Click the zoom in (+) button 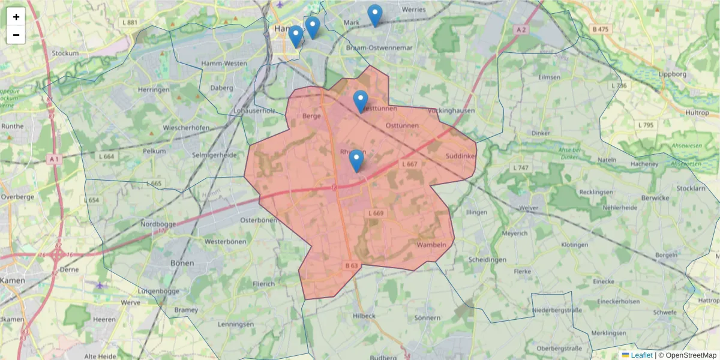16,17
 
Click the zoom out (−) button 16,35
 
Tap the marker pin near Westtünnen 361,101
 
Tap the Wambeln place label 431,245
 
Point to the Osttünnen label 402,125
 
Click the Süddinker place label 461,157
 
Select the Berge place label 313,116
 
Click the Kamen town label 13,280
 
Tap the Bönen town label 182,263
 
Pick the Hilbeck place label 364,316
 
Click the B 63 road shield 352,265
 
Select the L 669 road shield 377,213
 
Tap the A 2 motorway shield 521,29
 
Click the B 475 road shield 600,29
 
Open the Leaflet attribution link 641,355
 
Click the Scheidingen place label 487,260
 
